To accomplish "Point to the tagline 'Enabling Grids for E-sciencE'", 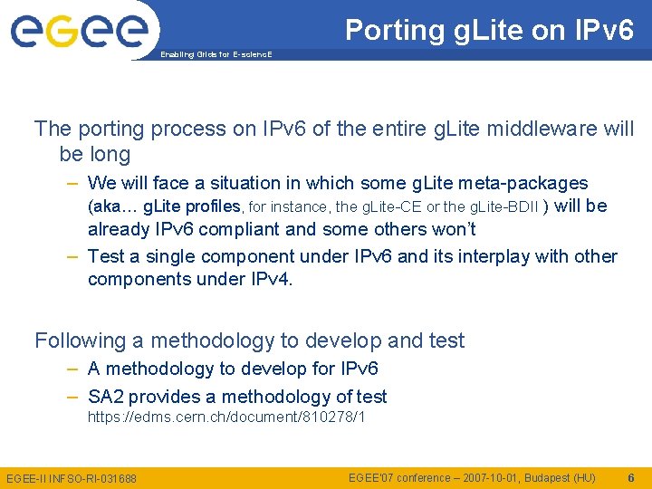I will click(x=216, y=54).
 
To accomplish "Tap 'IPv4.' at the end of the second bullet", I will click(x=271, y=279).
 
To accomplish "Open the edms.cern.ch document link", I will click(x=225, y=417).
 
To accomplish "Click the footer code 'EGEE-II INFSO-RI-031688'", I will click(x=72, y=478).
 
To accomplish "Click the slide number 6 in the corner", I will click(x=630, y=477).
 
